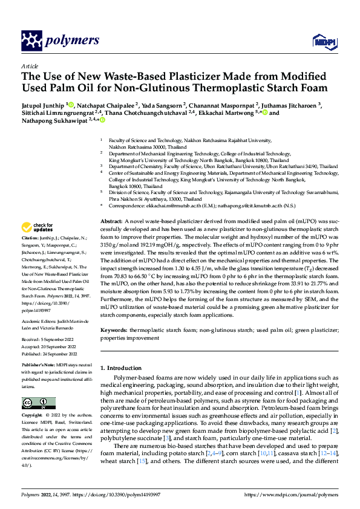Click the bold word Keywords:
click(114, 330)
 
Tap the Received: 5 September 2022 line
click(48, 340)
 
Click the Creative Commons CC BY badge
click(38, 403)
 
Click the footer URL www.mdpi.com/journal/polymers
click(292, 494)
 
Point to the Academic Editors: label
click(39, 321)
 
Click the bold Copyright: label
click(33, 416)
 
